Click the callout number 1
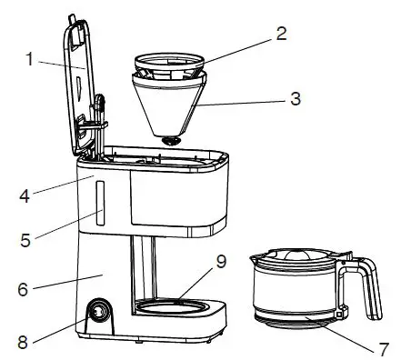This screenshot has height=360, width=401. (30, 61)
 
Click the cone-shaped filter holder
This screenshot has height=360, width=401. (168, 105)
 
